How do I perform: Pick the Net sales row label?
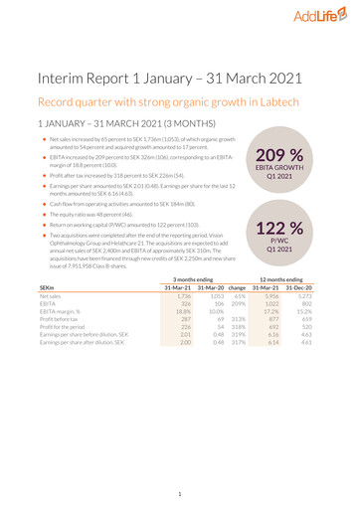[51, 355]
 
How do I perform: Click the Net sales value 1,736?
[184, 355]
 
